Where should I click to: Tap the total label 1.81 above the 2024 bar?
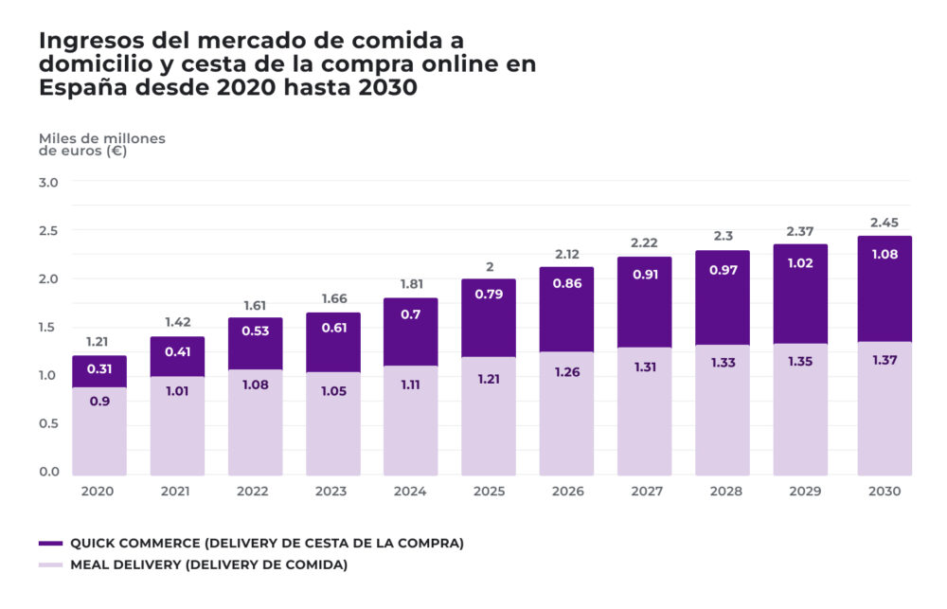tap(410, 283)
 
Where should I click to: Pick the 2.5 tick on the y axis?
tap(48, 230)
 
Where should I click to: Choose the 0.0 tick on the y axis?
tap(48, 472)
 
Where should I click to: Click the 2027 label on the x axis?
tap(644, 492)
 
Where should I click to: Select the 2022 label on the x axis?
tap(254, 492)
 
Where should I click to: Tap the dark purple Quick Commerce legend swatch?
tap(50, 544)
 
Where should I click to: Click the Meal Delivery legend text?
tap(208, 565)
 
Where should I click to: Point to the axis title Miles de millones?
tap(101, 138)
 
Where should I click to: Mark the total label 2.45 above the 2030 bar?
tap(884, 223)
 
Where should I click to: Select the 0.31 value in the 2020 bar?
tap(98, 369)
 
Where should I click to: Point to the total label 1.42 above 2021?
tap(177, 322)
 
